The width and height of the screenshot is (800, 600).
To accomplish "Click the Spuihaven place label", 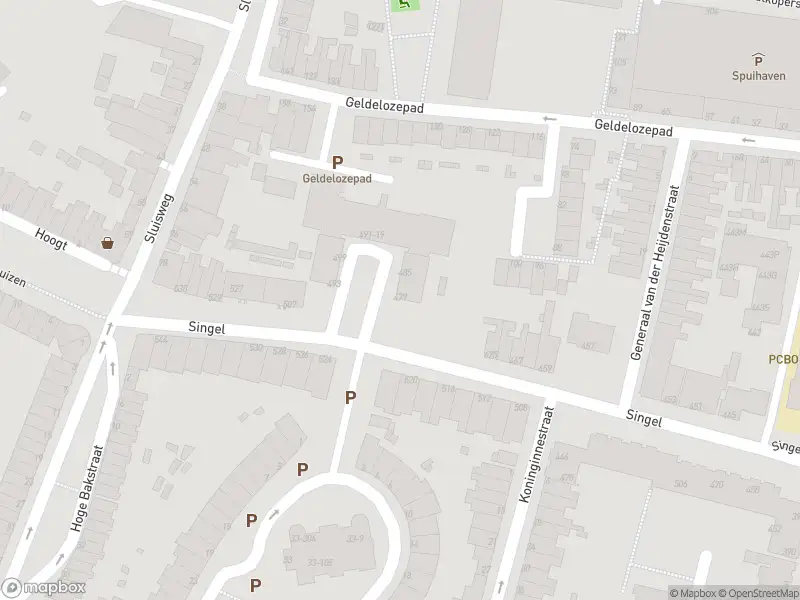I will pos(757,75).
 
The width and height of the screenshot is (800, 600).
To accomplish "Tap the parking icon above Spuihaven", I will pos(757,59).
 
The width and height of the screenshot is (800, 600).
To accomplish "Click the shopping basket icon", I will pos(107,242).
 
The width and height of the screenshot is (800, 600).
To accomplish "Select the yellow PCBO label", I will pos(784,359).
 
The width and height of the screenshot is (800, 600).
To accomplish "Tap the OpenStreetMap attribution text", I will pos(754,593).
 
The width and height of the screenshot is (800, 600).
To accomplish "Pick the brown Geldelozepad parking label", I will pos(337,178).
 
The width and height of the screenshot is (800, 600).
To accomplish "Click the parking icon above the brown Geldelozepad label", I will pos(337,162).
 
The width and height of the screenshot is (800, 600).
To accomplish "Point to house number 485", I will pos(405,272).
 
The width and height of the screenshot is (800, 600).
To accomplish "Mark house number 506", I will pos(682,484).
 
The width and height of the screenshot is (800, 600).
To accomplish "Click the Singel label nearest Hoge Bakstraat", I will pos(207,327).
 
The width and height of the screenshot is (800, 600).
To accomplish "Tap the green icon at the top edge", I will pos(405,4).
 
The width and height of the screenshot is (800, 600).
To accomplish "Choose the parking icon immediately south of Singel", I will pos(350,397).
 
